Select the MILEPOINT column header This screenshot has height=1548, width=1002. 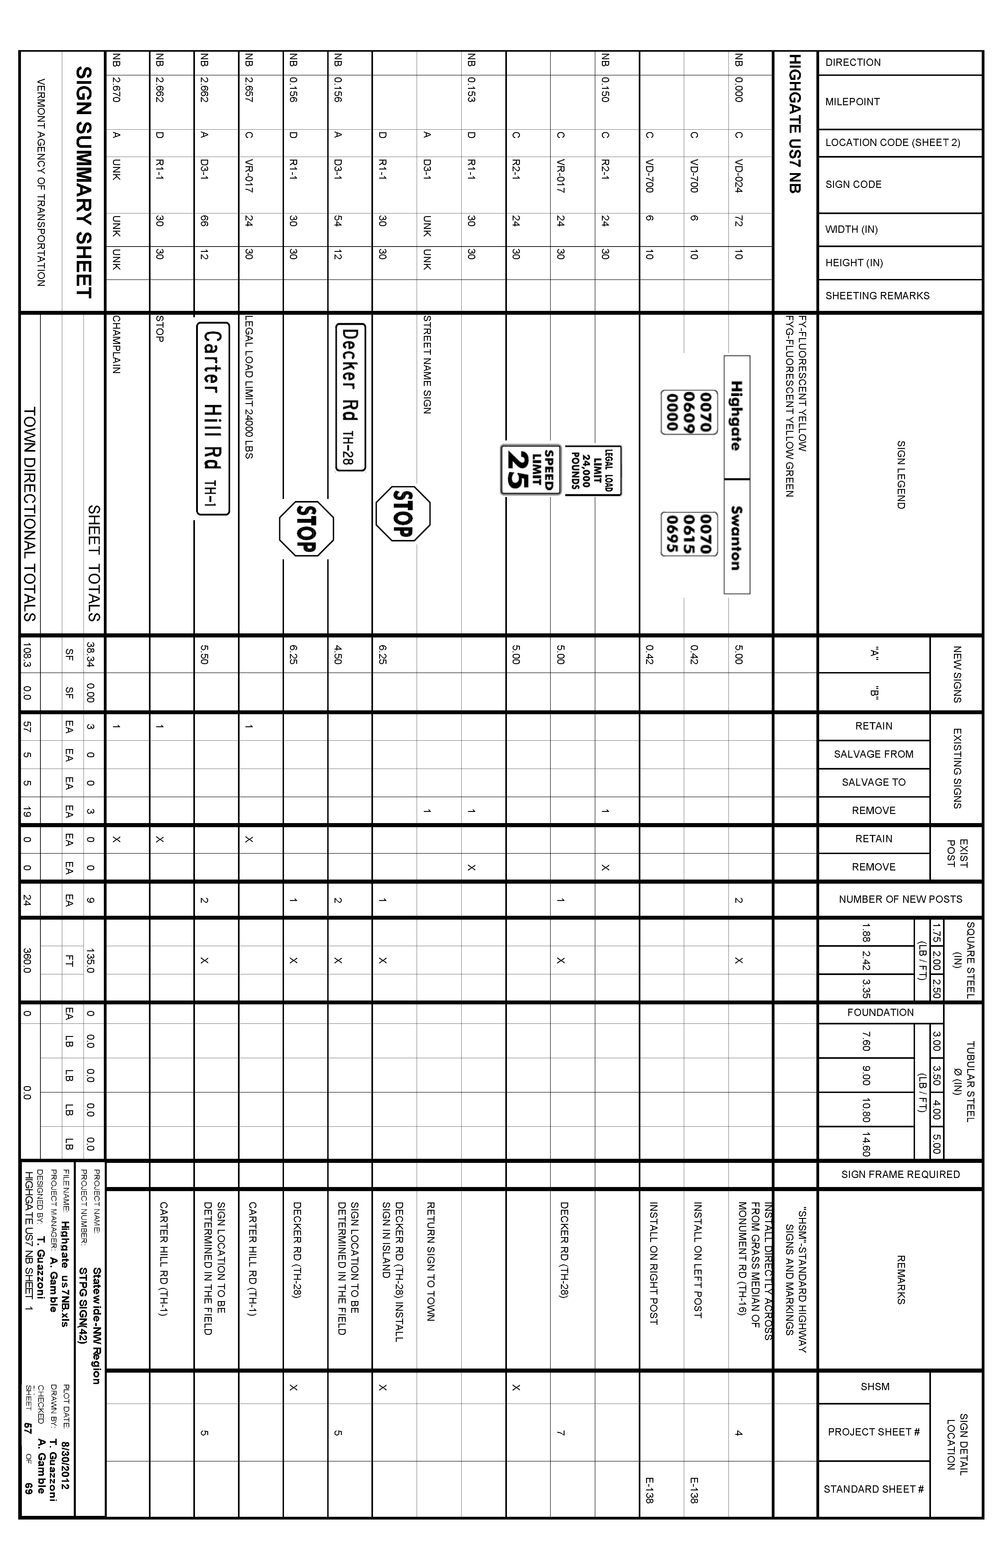coord(852,102)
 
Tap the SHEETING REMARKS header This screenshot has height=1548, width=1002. coord(877,296)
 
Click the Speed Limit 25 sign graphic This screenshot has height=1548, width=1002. coord(530,470)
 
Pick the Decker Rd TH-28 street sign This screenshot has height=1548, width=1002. coord(350,397)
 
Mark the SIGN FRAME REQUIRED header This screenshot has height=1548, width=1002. coord(900,1174)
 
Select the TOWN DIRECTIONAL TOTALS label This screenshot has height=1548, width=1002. coord(30,514)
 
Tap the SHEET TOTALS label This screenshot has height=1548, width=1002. coord(94,563)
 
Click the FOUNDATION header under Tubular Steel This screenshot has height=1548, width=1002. coord(880,1013)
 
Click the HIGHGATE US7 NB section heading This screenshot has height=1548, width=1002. coord(795,124)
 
